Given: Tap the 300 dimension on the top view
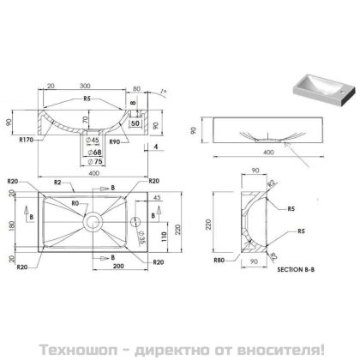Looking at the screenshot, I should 84,87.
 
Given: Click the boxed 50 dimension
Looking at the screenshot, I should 135,123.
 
